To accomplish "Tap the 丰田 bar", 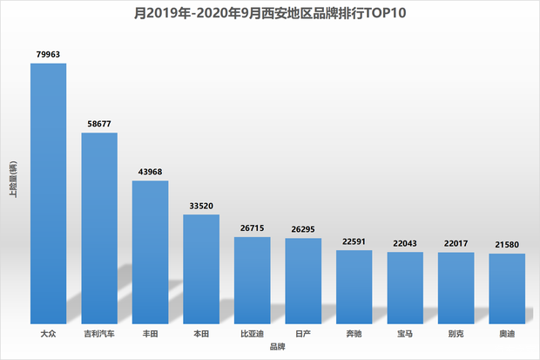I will pyautogui.click(x=150, y=253).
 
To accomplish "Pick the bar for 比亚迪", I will pyautogui.click(x=252, y=280).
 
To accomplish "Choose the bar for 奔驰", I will pyautogui.click(x=354, y=287).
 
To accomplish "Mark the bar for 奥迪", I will pyautogui.click(x=506, y=289).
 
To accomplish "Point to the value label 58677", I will pyautogui.click(x=99, y=123).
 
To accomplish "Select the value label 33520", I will pyautogui.click(x=201, y=205).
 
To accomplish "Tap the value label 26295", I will pyautogui.click(x=303, y=228).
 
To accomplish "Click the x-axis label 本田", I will pyautogui.click(x=201, y=334).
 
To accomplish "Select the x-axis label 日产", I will pyautogui.click(x=303, y=334).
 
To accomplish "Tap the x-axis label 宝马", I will pyautogui.click(x=404, y=334).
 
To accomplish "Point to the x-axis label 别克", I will pyautogui.click(x=456, y=334).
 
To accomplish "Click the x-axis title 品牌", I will pyautogui.click(x=277, y=348).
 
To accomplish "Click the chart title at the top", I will pyautogui.click(x=271, y=13).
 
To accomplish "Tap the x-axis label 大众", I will pyautogui.click(x=49, y=334).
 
